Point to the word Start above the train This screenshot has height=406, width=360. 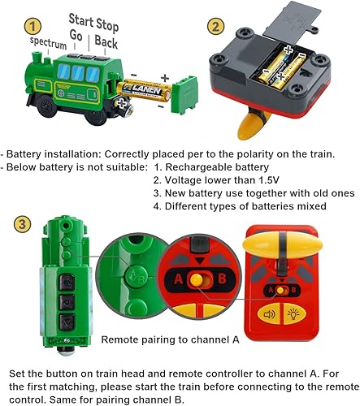(80, 17)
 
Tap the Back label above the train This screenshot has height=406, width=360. (106, 39)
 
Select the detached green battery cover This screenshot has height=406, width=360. (186, 91)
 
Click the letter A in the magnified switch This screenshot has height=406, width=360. (173, 280)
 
